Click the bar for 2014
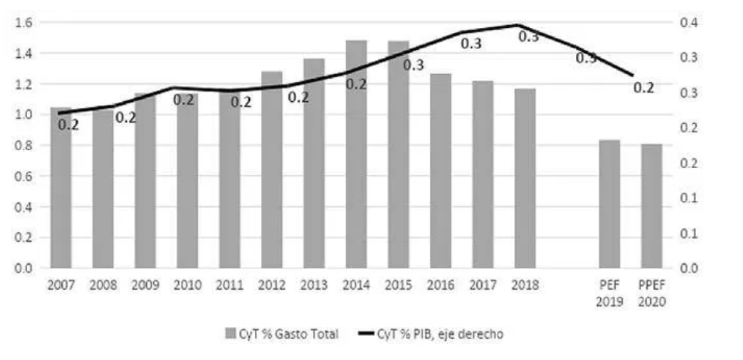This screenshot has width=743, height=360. point(357,154)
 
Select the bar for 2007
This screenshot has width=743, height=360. point(61,188)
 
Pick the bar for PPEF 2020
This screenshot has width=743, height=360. point(651,206)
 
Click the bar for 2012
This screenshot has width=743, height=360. point(272,169)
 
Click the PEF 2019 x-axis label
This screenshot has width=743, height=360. point(610,293)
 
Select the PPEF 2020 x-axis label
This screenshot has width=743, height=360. point(651,293)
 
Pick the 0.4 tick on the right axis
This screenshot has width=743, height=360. point(692,23)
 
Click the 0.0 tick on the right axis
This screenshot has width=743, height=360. point(692,268)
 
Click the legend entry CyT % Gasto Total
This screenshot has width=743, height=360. point(283,334)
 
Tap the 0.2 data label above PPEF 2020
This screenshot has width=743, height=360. point(643,88)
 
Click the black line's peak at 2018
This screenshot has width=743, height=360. point(519,25)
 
